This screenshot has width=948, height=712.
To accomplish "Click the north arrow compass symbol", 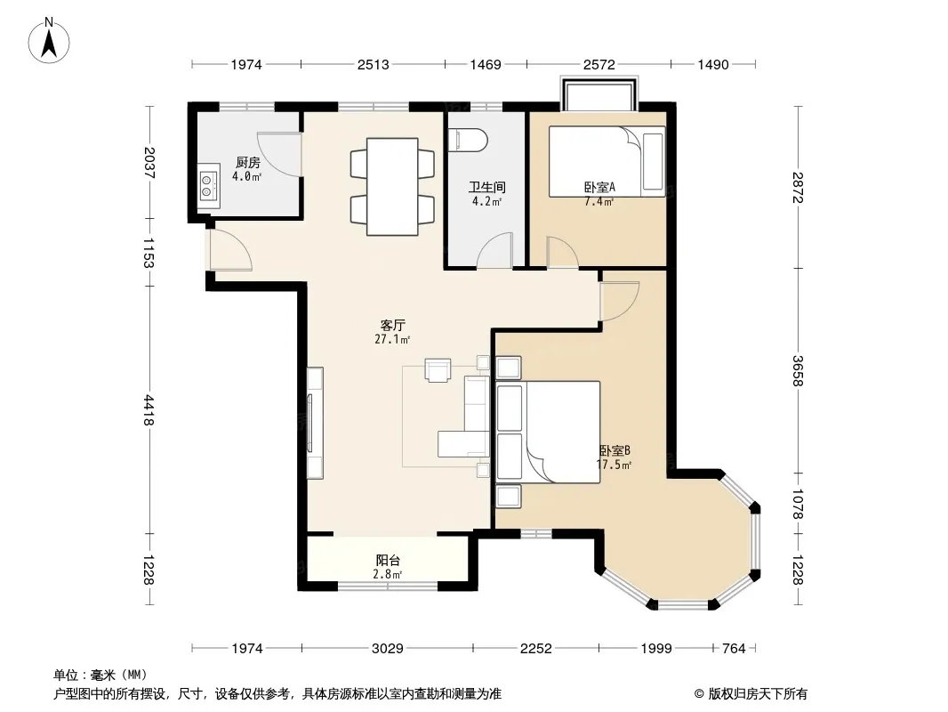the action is pos(49,41).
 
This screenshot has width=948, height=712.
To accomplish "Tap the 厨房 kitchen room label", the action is pos(248,162).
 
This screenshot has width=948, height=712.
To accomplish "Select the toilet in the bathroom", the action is pos(470,140).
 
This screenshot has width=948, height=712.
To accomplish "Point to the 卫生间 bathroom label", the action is pos(486,188).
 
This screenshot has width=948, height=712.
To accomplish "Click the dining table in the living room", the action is pos(392,187).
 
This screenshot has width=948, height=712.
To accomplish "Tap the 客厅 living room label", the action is pos(392,326).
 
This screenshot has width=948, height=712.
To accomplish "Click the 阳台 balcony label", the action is pos(388,560).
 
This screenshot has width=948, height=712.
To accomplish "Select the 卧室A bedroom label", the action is pos(599,187).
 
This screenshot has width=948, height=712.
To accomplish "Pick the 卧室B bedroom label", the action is pos(615,450).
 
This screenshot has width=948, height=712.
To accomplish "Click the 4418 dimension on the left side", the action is pos(149,410).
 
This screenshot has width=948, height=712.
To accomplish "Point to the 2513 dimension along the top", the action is pos(373,64).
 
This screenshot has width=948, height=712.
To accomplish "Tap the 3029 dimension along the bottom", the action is pos(388,649).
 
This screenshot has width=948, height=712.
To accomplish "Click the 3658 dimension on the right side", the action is pos(798,370).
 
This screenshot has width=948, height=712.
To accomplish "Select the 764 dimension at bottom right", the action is pos(734,649).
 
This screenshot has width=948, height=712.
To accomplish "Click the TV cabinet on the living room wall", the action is pos(315,423).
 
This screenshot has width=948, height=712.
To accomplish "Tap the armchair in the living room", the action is pos(438,370).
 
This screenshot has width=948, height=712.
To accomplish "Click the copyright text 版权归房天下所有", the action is pos(758,694).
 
